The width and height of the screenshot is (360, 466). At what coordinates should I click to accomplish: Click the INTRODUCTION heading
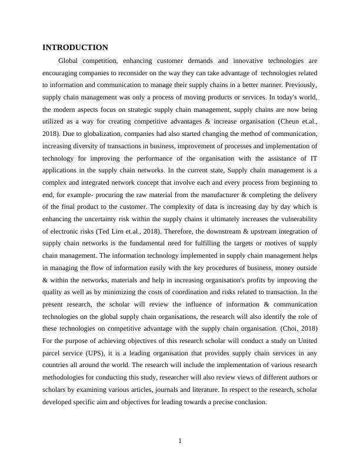[x=75, y=47]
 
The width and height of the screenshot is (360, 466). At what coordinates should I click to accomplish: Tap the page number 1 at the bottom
[x=180, y=441]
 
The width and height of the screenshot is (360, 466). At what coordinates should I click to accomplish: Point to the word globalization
[x=93, y=134]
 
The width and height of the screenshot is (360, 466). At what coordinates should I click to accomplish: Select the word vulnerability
[x=296, y=219]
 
